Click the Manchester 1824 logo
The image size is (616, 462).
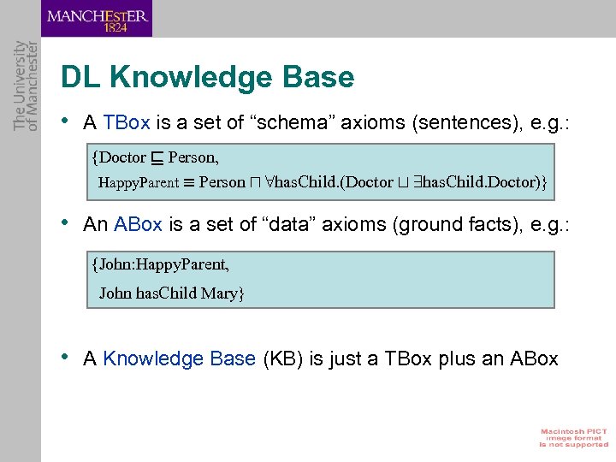point(97,19)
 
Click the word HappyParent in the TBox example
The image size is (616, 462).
point(139,183)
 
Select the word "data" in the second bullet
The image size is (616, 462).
point(284,224)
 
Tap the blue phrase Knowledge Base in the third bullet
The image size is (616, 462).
point(179,358)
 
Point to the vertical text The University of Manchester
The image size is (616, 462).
point(27,86)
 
